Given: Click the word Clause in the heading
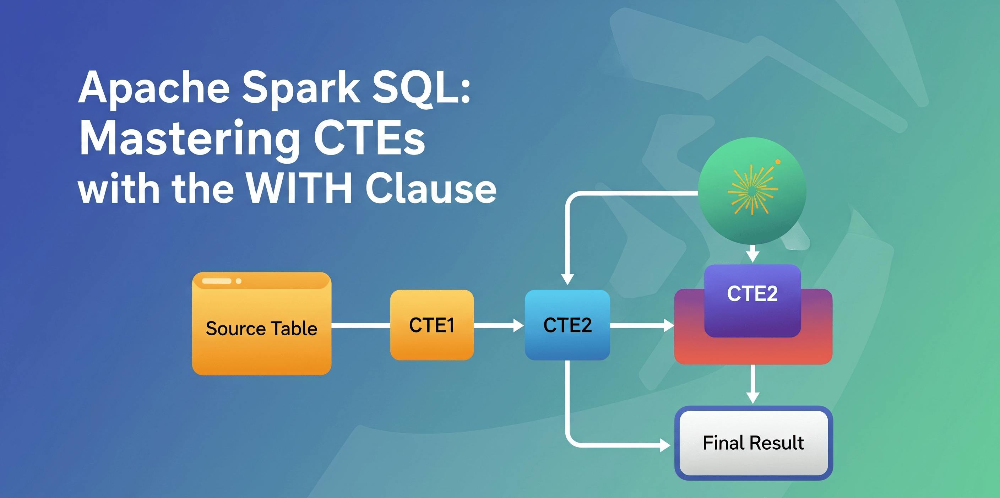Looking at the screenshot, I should (x=431, y=188).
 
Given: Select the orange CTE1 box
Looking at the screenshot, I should (x=432, y=325).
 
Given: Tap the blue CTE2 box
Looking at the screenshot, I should (x=567, y=325).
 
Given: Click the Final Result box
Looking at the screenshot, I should (x=753, y=443).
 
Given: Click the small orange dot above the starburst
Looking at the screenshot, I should (x=778, y=162).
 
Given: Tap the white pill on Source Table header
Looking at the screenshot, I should (x=217, y=281).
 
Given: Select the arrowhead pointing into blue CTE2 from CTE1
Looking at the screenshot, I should (x=518, y=325).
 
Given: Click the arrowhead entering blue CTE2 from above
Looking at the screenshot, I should (x=567, y=279).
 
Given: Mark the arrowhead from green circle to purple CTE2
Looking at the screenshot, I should (x=753, y=256).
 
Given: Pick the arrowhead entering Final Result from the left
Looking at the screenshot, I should (x=665, y=445).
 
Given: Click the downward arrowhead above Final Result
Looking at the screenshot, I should (x=753, y=397).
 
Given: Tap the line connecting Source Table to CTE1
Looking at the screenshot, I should (x=361, y=325).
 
